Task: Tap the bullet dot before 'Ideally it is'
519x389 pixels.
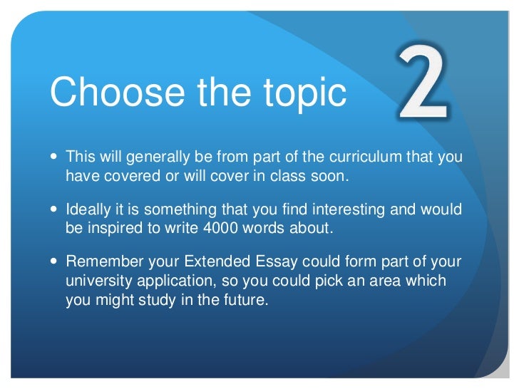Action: tap(57, 210)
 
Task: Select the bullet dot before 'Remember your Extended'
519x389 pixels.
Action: tap(57, 262)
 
